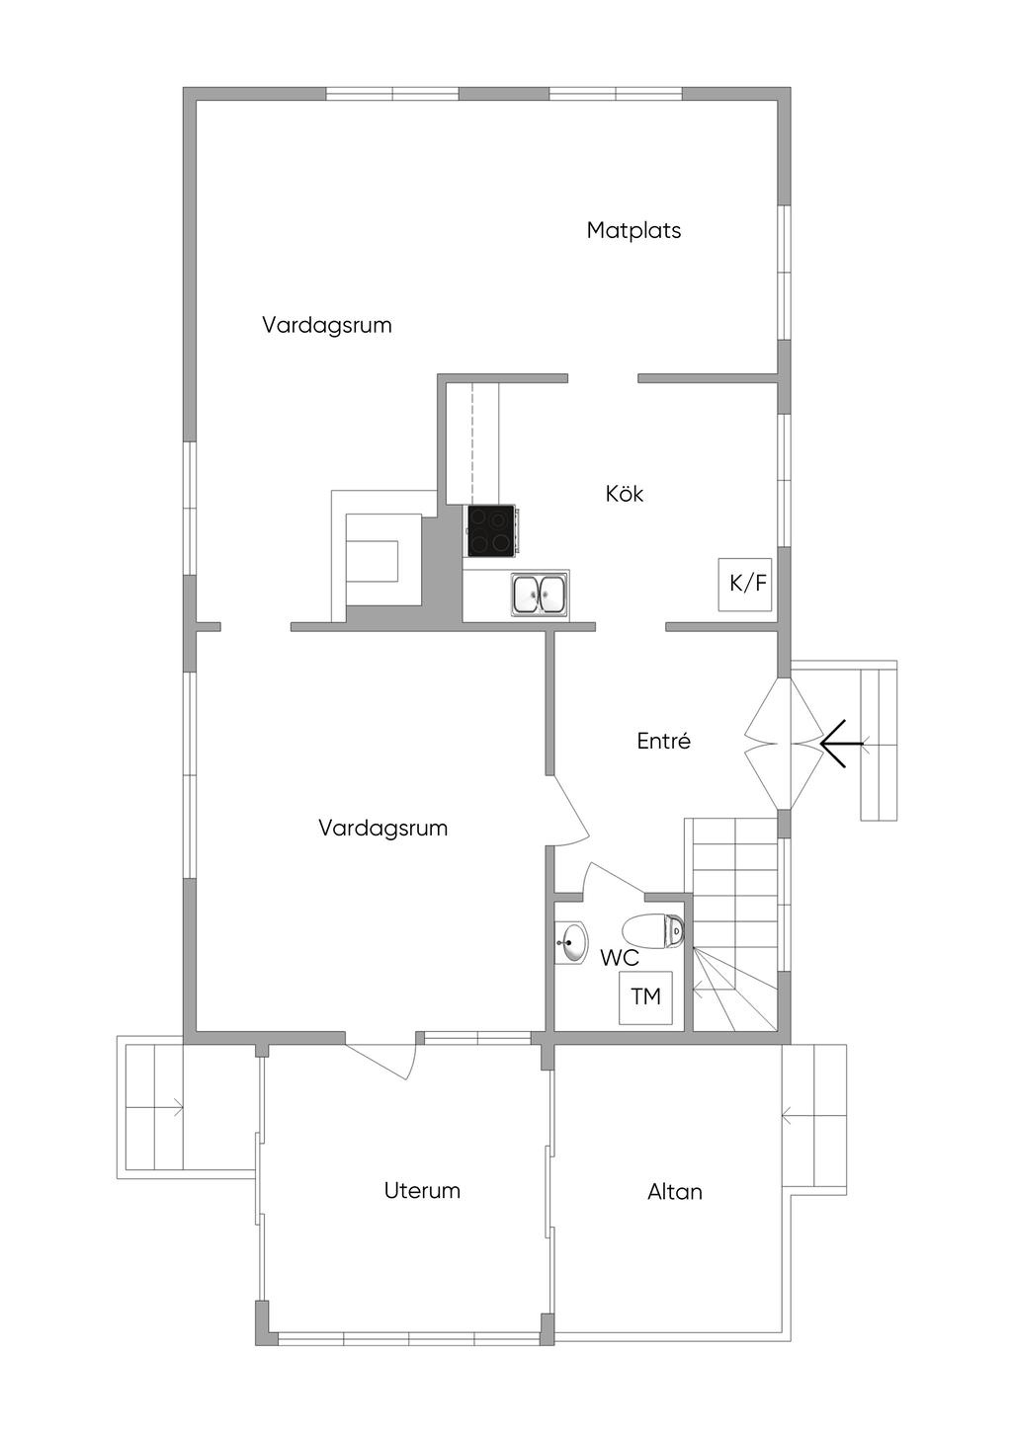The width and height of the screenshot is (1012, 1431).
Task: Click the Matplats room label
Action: click(x=633, y=231)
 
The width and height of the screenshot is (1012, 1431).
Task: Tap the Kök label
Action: click(x=625, y=493)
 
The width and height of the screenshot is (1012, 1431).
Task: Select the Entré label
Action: click(x=663, y=741)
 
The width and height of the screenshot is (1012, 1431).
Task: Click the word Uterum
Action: click(x=422, y=1190)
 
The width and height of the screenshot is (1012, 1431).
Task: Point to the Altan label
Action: click(x=674, y=1191)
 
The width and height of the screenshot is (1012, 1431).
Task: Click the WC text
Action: click(x=620, y=958)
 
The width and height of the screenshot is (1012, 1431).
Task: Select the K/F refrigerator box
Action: click(x=745, y=585)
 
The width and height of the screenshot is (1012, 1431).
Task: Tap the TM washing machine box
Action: click(x=645, y=997)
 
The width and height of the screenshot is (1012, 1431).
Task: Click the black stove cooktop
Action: click(x=491, y=530)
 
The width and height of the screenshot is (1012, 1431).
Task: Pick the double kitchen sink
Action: click(x=541, y=595)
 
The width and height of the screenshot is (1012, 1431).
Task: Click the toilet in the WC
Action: click(x=652, y=932)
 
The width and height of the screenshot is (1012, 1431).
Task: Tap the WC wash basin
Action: click(x=571, y=942)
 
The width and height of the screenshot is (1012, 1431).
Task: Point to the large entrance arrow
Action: click(x=842, y=744)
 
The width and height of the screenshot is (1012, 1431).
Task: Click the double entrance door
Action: click(x=785, y=744)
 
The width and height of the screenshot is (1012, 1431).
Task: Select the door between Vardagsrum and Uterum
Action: click(x=381, y=1055)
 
